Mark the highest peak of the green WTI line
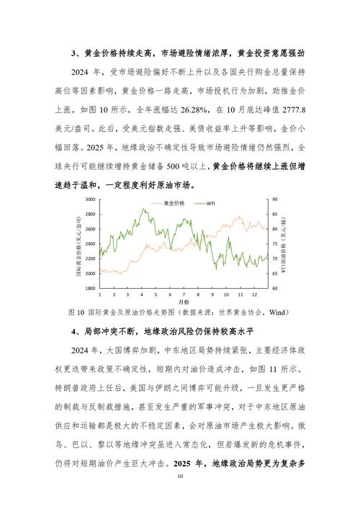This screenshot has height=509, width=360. (145, 210)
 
